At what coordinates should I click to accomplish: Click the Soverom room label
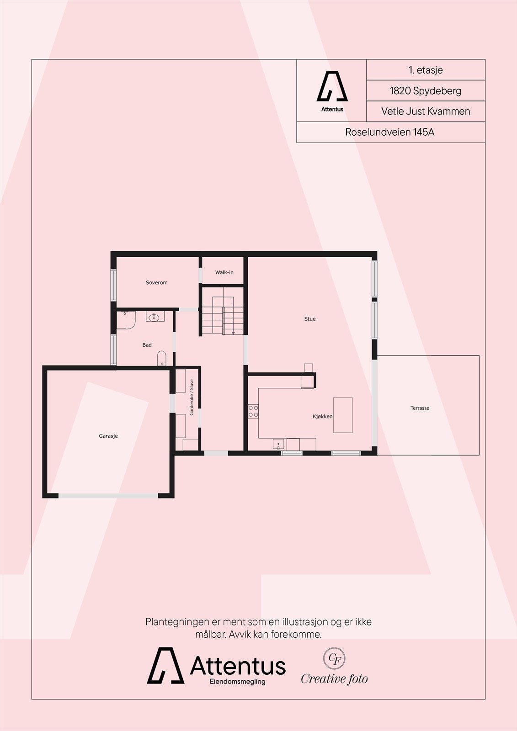156,283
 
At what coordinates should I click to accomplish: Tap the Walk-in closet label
224,273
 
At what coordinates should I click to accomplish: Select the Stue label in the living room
310,319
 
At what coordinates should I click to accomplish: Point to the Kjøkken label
322,417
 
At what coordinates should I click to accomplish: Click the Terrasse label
420,408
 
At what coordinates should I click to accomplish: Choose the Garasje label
108,436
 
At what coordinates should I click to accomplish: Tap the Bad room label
147,345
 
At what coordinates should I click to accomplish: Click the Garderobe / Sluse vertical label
192,397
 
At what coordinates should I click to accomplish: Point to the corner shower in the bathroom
125,319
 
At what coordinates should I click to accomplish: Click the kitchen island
343,415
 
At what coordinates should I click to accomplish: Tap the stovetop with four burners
253,411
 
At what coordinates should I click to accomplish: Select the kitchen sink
278,444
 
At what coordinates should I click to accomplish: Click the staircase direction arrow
233,333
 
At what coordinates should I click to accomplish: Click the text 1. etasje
426,70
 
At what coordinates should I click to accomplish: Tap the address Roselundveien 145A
390,132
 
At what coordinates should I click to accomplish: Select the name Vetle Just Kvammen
426,111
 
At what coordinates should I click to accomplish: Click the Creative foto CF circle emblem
334,658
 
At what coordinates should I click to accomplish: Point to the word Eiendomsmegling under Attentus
237,682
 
